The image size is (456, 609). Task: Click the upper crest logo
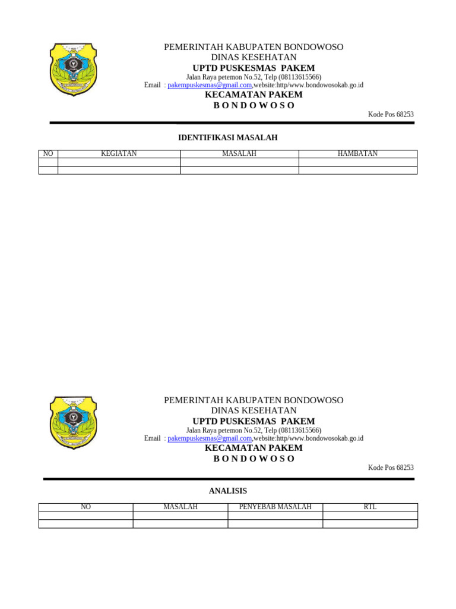tap(74, 69)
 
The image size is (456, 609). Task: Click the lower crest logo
tap(74, 423)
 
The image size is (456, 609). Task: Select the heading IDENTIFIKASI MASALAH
tap(228, 138)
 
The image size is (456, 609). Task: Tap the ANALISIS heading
tap(228, 491)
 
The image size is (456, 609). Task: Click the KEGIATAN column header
tap(119, 153)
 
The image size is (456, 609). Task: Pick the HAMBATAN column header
tap(357, 153)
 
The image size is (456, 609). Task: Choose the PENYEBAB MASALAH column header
tap(275, 507)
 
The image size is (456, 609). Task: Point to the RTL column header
tap(370, 507)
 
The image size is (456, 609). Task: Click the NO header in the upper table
tap(48, 153)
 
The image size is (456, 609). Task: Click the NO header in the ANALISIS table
tap(85, 507)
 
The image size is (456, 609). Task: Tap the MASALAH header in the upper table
tap(239, 153)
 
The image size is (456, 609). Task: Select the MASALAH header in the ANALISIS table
tap(180, 507)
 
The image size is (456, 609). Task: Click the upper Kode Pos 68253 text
tap(391, 115)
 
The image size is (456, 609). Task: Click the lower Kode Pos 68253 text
tap(391, 468)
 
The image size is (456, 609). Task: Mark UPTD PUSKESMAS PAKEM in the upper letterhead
tap(254, 68)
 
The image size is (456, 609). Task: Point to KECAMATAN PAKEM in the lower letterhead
tap(254, 448)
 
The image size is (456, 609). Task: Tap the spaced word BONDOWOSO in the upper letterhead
tap(254, 106)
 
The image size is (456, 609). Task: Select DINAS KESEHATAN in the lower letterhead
tap(254, 410)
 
